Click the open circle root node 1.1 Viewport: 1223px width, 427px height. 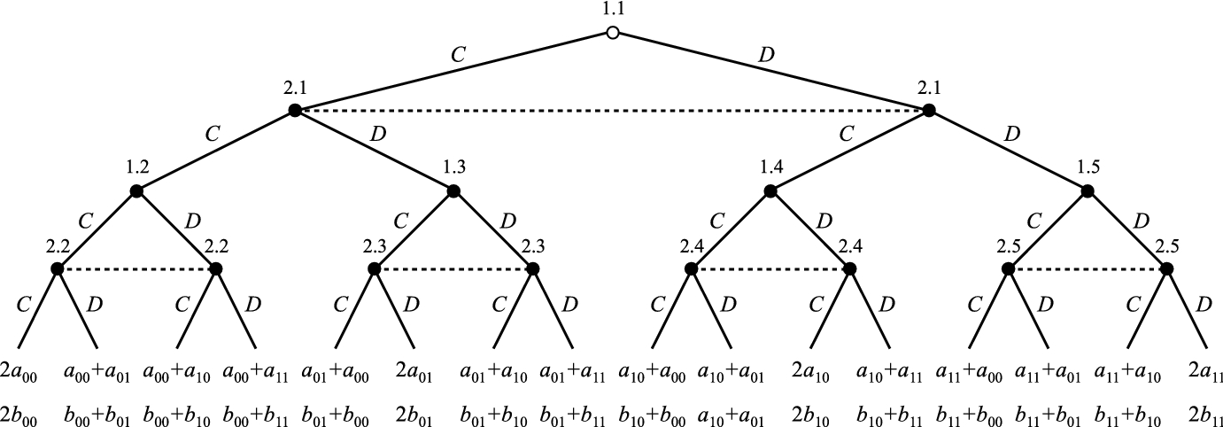(612, 34)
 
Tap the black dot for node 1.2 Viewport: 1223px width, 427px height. (136, 190)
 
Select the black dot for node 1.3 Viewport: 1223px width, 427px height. (453, 190)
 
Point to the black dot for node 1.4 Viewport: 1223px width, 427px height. (770, 190)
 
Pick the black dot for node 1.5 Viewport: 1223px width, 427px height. (1088, 190)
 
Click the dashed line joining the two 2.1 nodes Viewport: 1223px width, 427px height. (612, 111)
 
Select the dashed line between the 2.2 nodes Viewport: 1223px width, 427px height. (136, 268)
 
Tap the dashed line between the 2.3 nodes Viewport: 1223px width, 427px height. (453, 268)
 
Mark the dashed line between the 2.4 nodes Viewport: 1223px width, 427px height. (770, 268)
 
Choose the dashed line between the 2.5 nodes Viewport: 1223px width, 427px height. (1088, 268)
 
